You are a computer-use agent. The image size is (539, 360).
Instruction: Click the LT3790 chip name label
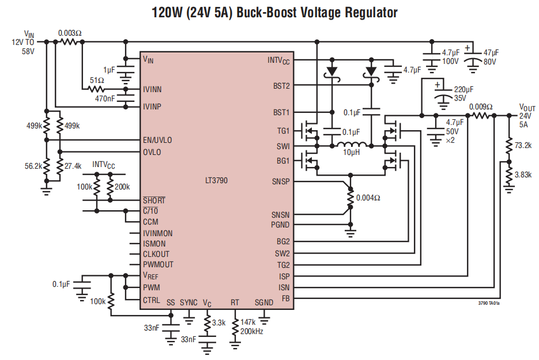click(216, 180)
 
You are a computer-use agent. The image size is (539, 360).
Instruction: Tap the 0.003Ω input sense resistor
click(70, 41)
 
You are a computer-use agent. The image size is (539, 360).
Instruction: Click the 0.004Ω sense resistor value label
click(368, 198)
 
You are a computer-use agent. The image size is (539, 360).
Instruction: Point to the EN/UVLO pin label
click(157, 140)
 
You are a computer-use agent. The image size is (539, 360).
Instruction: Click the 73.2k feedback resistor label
click(523, 145)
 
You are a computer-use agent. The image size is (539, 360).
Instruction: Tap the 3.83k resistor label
click(523, 175)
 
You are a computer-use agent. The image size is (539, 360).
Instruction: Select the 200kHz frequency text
click(251, 332)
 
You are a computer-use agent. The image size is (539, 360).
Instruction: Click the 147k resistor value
click(248, 322)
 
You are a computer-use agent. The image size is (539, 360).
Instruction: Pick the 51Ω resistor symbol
click(97, 89)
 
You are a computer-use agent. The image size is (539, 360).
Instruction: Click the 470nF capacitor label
click(105, 99)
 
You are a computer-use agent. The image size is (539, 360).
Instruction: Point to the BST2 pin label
click(281, 86)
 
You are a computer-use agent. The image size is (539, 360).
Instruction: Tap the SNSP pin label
click(281, 181)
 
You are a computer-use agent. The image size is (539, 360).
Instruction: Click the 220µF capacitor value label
click(463, 89)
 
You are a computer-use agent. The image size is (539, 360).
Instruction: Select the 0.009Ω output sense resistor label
click(481, 107)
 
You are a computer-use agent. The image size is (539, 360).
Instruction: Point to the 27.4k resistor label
click(73, 166)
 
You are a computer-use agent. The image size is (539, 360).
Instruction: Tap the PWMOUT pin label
click(158, 264)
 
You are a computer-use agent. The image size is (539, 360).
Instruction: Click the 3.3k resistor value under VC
click(218, 323)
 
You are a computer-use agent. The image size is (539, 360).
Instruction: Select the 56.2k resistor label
click(33, 166)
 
